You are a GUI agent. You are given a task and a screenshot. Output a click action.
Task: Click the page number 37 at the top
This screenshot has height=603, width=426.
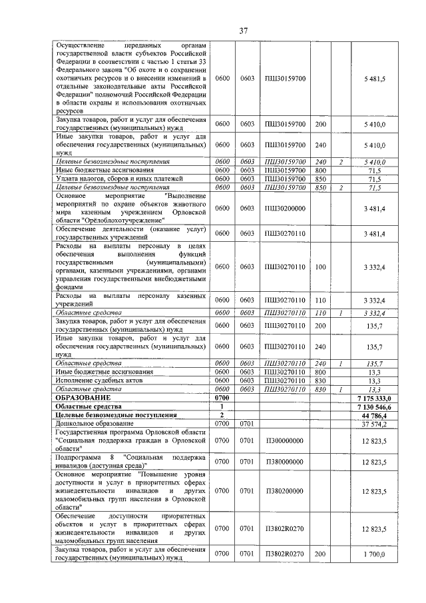click(244, 30)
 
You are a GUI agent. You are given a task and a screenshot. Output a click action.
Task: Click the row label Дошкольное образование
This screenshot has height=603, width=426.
click(95, 423)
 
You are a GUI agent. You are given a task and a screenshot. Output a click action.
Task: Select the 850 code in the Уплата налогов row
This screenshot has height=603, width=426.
click(321, 179)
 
